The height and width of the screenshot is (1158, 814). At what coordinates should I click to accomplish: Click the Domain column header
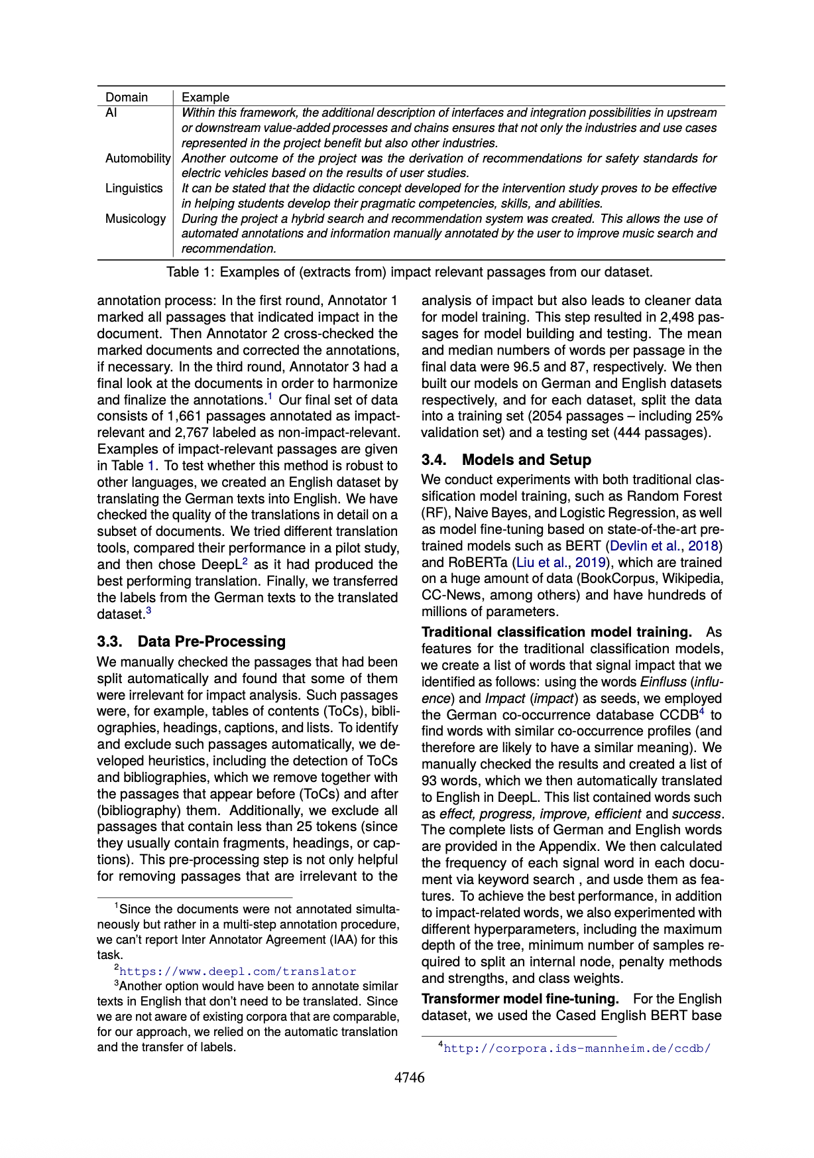click(x=127, y=97)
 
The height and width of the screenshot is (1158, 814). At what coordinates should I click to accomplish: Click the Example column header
click(x=205, y=97)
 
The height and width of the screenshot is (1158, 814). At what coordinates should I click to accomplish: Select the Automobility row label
click(x=138, y=159)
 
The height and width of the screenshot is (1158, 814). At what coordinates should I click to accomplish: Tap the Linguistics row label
click(x=134, y=188)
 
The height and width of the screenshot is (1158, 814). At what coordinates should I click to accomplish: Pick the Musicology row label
click(x=135, y=219)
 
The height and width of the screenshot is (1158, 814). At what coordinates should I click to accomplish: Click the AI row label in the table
click(x=111, y=113)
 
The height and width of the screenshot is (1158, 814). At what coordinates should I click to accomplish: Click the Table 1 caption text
click(x=409, y=272)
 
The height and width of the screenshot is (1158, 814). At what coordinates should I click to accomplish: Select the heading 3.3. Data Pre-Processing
click(x=191, y=641)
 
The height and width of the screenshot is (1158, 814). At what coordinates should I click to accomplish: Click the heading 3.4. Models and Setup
click(x=506, y=460)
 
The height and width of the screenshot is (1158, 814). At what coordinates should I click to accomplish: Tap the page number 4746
click(x=410, y=1078)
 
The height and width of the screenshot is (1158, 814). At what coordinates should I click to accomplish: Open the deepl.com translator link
click(x=237, y=972)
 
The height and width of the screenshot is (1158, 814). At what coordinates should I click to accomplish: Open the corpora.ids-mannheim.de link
click(x=577, y=1049)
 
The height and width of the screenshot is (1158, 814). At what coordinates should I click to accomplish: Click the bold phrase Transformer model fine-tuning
click(x=520, y=999)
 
